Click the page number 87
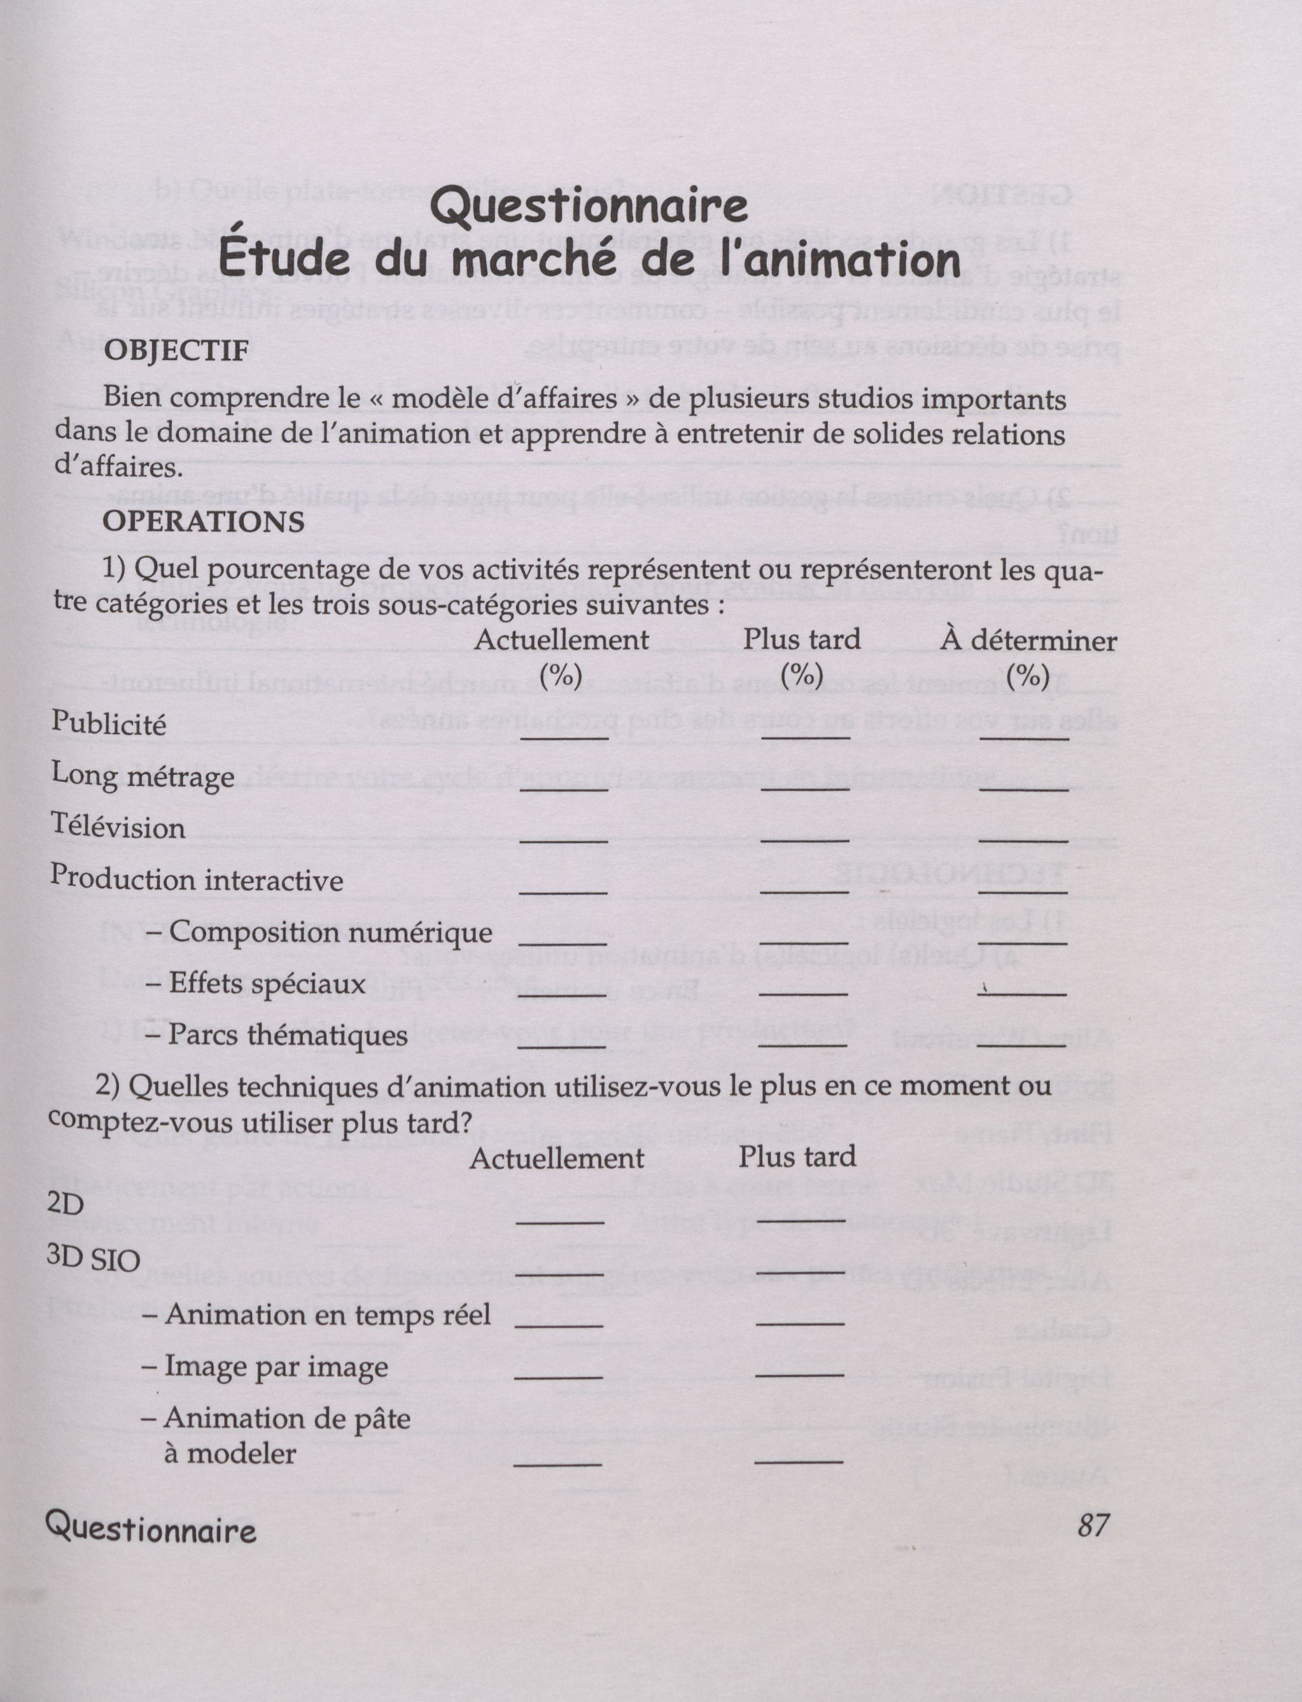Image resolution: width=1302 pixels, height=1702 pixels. point(1093,1524)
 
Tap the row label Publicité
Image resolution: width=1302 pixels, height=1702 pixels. point(108,723)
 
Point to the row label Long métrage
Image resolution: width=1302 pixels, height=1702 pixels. point(143,776)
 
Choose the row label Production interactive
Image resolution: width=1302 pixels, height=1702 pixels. point(197,879)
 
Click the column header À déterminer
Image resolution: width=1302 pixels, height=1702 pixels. point(1028,641)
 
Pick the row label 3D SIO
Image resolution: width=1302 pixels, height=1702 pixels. point(93,1260)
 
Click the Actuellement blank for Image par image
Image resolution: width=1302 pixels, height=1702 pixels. point(558,1375)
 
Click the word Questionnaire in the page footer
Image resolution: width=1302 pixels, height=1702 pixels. point(150,1526)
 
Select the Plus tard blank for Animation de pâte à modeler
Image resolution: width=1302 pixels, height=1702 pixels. point(798,1460)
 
